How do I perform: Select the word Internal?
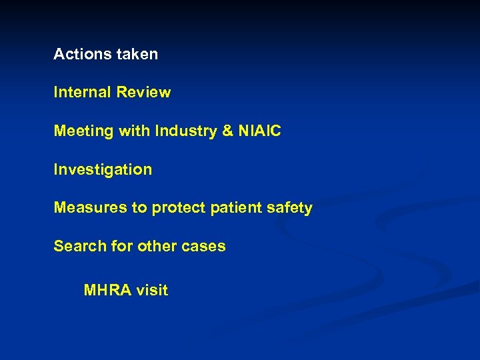[83, 93]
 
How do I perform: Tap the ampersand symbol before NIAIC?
[227, 131]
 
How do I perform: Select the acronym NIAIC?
[259, 131]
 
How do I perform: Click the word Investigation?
[103, 170]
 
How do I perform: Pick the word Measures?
[91, 208]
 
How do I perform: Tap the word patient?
[237, 208]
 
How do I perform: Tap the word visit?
[153, 290]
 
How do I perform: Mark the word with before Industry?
[135, 131]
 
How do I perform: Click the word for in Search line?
[122, 246]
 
